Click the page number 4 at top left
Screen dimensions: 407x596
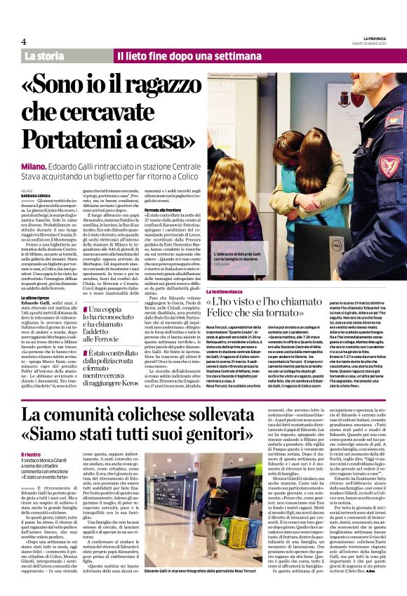pos(24,41)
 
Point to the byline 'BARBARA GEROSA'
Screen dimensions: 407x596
pos(36,195)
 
